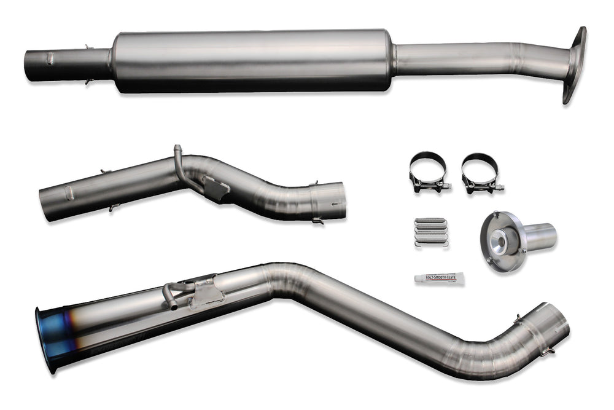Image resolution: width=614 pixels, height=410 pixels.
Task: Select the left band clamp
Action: coord(428,170)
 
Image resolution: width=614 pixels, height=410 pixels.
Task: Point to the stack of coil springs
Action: coord(432,232)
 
